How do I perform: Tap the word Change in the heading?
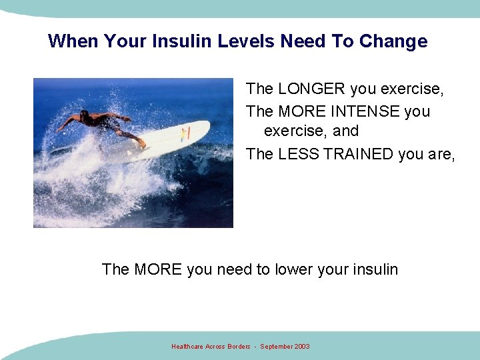point(393,41)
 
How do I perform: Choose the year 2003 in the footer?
point(301,347)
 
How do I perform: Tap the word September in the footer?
point(275,347)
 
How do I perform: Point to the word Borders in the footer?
point(237,347)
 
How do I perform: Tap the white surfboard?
point(160,140)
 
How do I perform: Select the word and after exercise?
point(345,131)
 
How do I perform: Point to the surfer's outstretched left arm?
point(67,123)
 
